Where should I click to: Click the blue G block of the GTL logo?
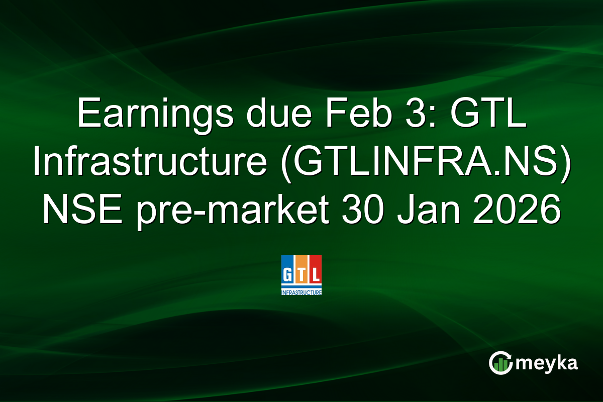(288, 272)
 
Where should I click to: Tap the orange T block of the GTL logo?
(301, 272)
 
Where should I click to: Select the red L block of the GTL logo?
(315, 272)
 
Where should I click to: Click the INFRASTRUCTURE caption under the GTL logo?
(301, 292)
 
